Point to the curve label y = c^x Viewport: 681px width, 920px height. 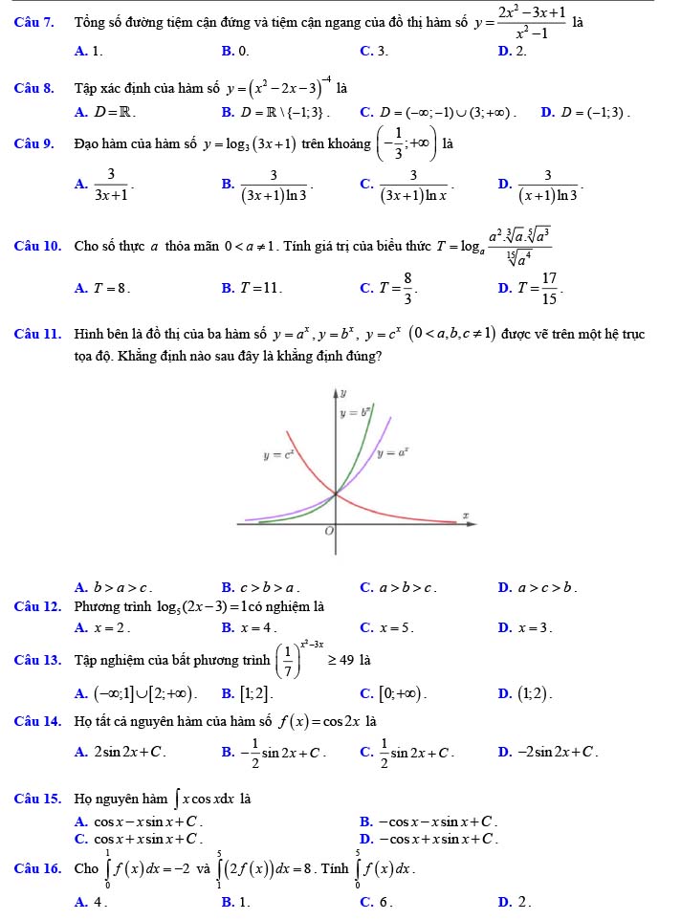(x=280, y=456)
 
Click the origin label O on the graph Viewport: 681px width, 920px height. (x=329, y=531)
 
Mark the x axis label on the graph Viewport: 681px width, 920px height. (x=466, y=515)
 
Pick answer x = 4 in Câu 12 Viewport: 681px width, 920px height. (x=250, y=628)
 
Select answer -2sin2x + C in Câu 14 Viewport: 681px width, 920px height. (x=548, y=752)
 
